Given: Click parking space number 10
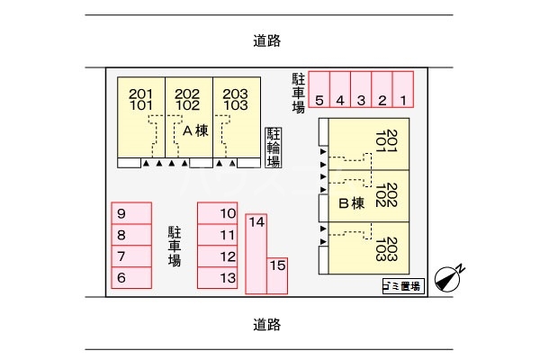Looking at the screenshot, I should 217,214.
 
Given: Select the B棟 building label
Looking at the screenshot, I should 350,202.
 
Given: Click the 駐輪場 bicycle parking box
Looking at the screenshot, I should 273,148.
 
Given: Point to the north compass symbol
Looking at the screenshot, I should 448,279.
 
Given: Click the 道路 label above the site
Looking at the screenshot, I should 267,40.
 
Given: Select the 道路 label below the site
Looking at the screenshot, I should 267,324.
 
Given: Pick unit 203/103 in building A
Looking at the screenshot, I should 235,117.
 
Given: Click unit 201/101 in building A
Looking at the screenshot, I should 141,117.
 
